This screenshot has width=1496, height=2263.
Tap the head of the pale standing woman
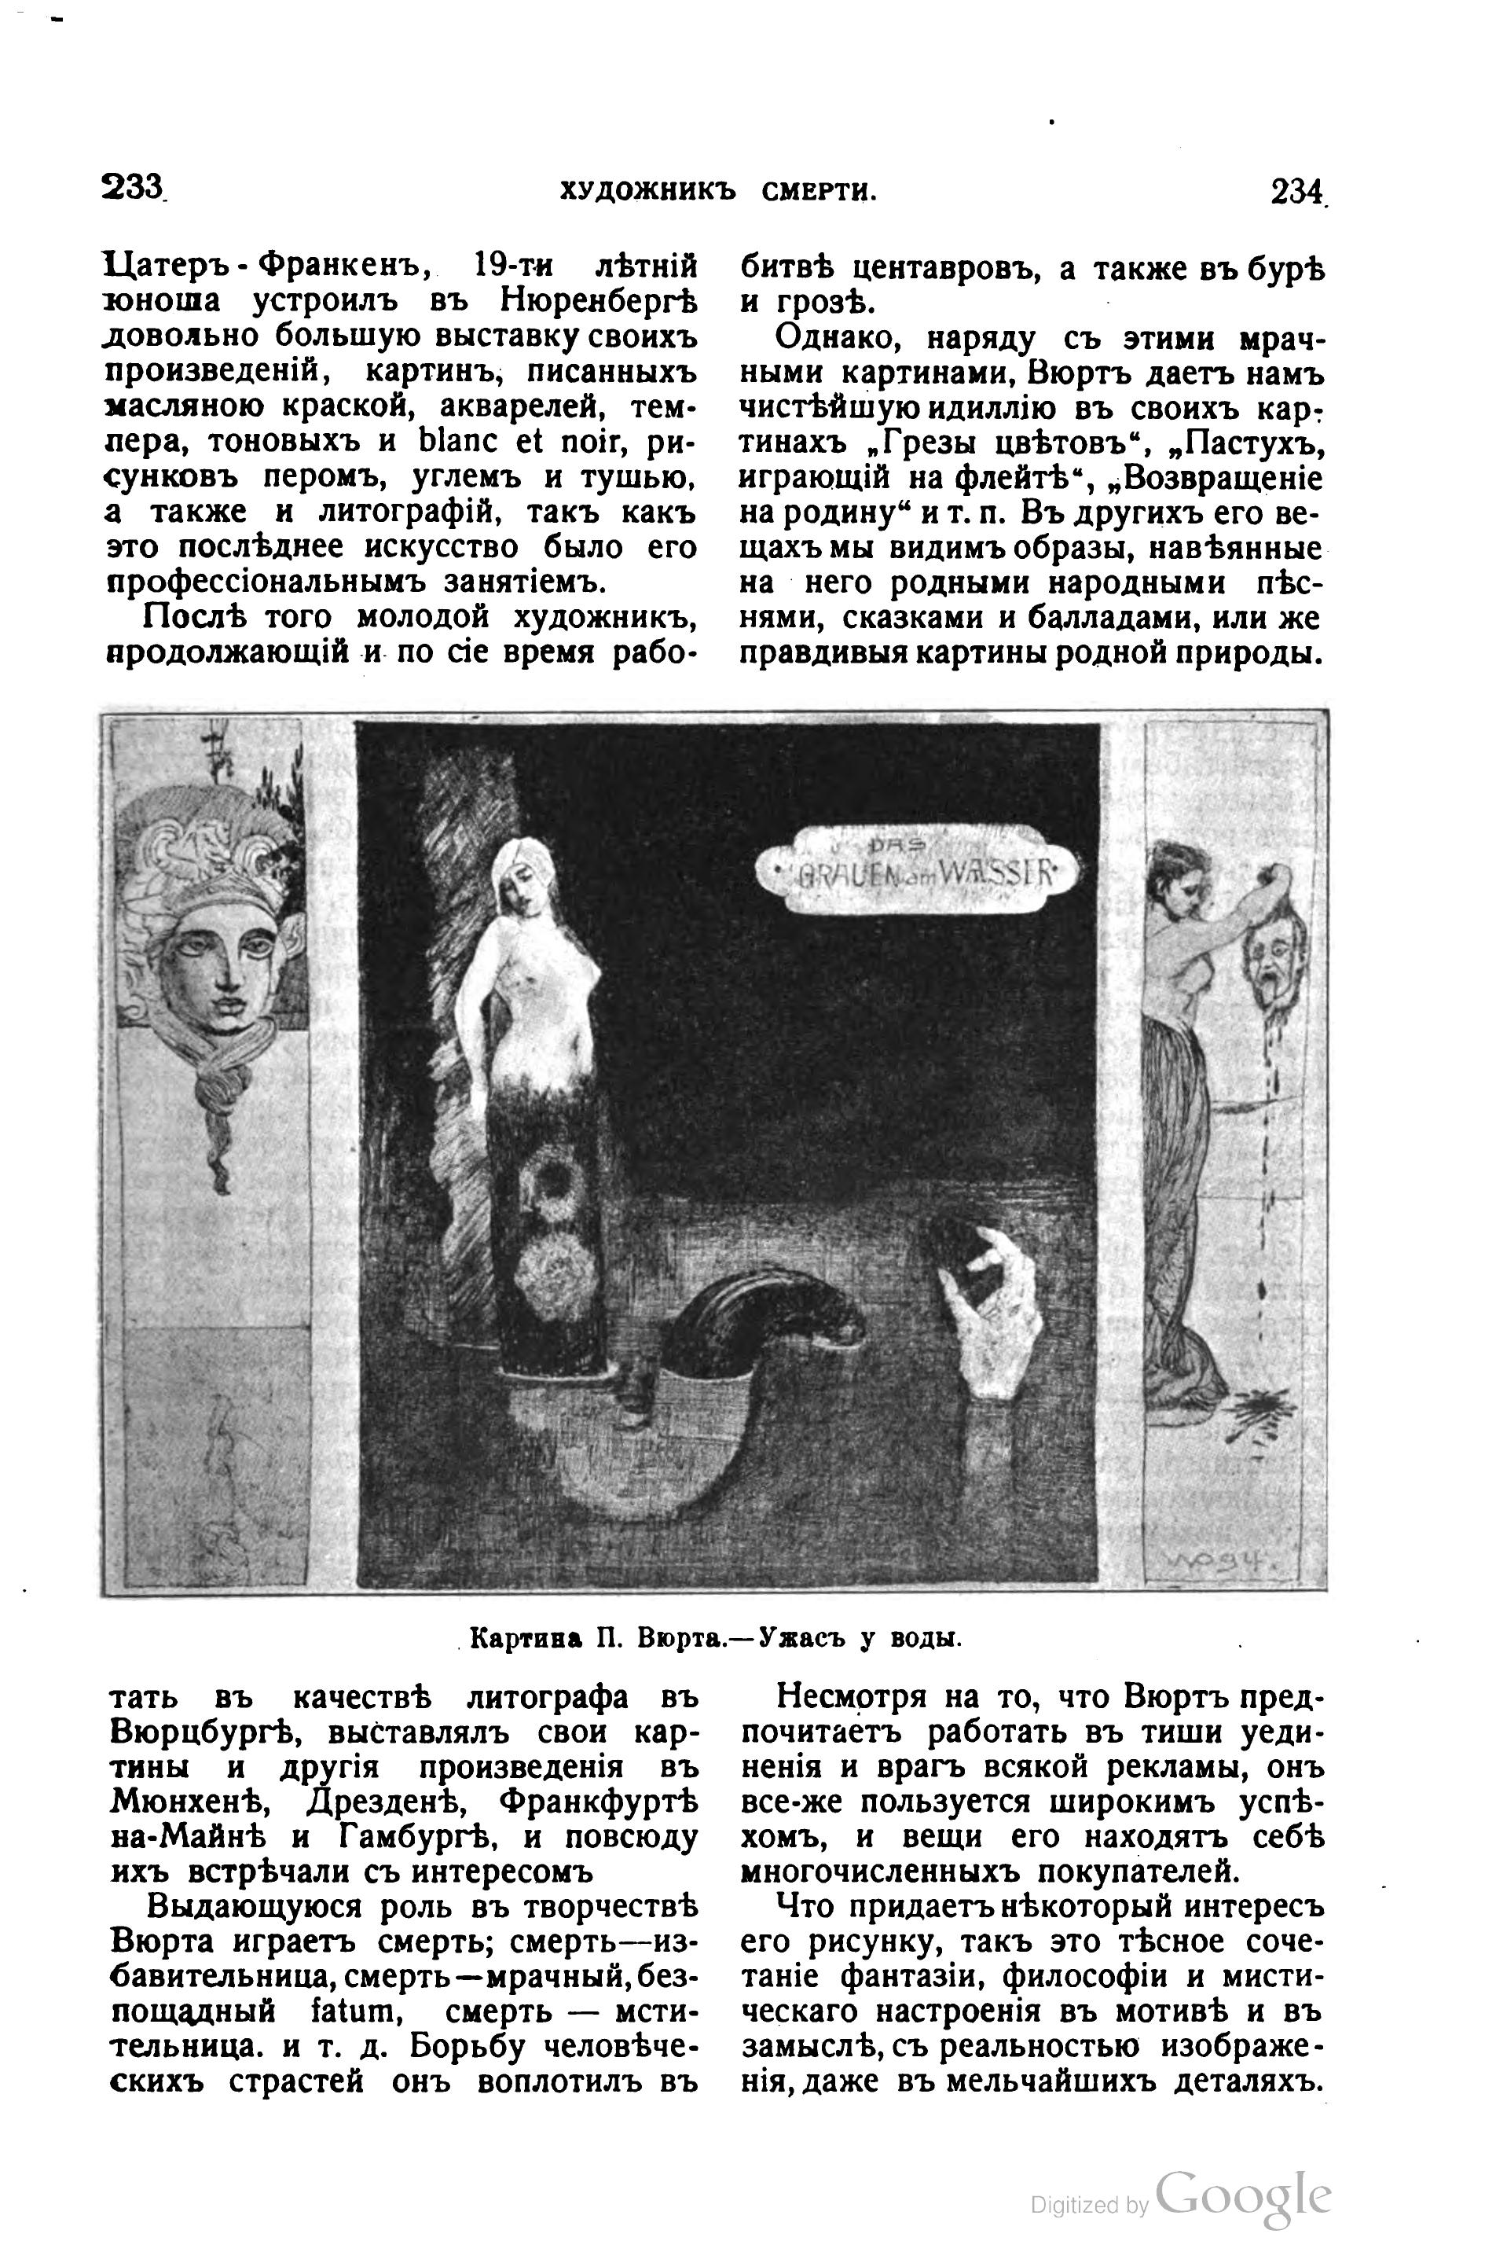click(520, 869)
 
